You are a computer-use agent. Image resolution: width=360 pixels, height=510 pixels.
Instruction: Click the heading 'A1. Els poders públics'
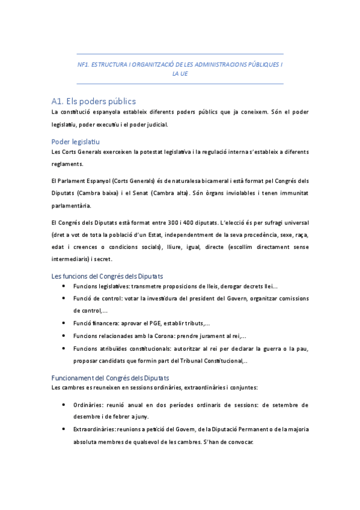pos(93,101)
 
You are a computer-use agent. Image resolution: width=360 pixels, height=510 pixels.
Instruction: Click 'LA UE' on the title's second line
pos(180,74)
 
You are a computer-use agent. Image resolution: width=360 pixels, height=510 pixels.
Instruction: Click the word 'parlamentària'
pos(75,205)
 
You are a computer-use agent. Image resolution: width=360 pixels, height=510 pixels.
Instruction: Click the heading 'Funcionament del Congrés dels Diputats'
pos(111,378)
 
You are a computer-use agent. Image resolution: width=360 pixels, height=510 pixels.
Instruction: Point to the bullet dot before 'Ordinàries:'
pos(64,405)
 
